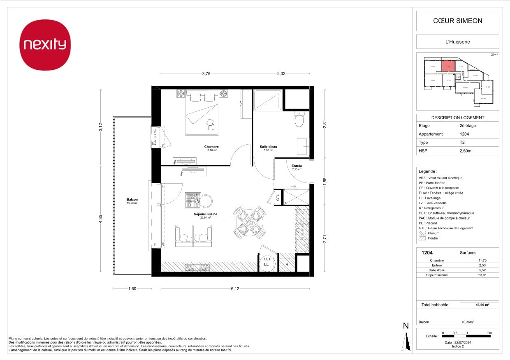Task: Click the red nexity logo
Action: coord(46,45)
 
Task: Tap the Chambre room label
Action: coord(211,147)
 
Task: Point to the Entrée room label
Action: coord(297,166)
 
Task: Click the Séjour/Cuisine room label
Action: coord(206,214)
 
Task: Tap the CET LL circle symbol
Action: coord(267,262)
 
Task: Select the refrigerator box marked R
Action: coord(287,265)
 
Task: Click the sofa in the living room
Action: coord(193,236)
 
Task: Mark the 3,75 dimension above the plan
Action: coord(206,74)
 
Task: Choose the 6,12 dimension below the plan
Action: coord(235,289)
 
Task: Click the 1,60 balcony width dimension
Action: coord(132,289)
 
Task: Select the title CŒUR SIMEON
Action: coord(458,21)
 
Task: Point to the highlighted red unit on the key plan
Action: coord(448,66)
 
